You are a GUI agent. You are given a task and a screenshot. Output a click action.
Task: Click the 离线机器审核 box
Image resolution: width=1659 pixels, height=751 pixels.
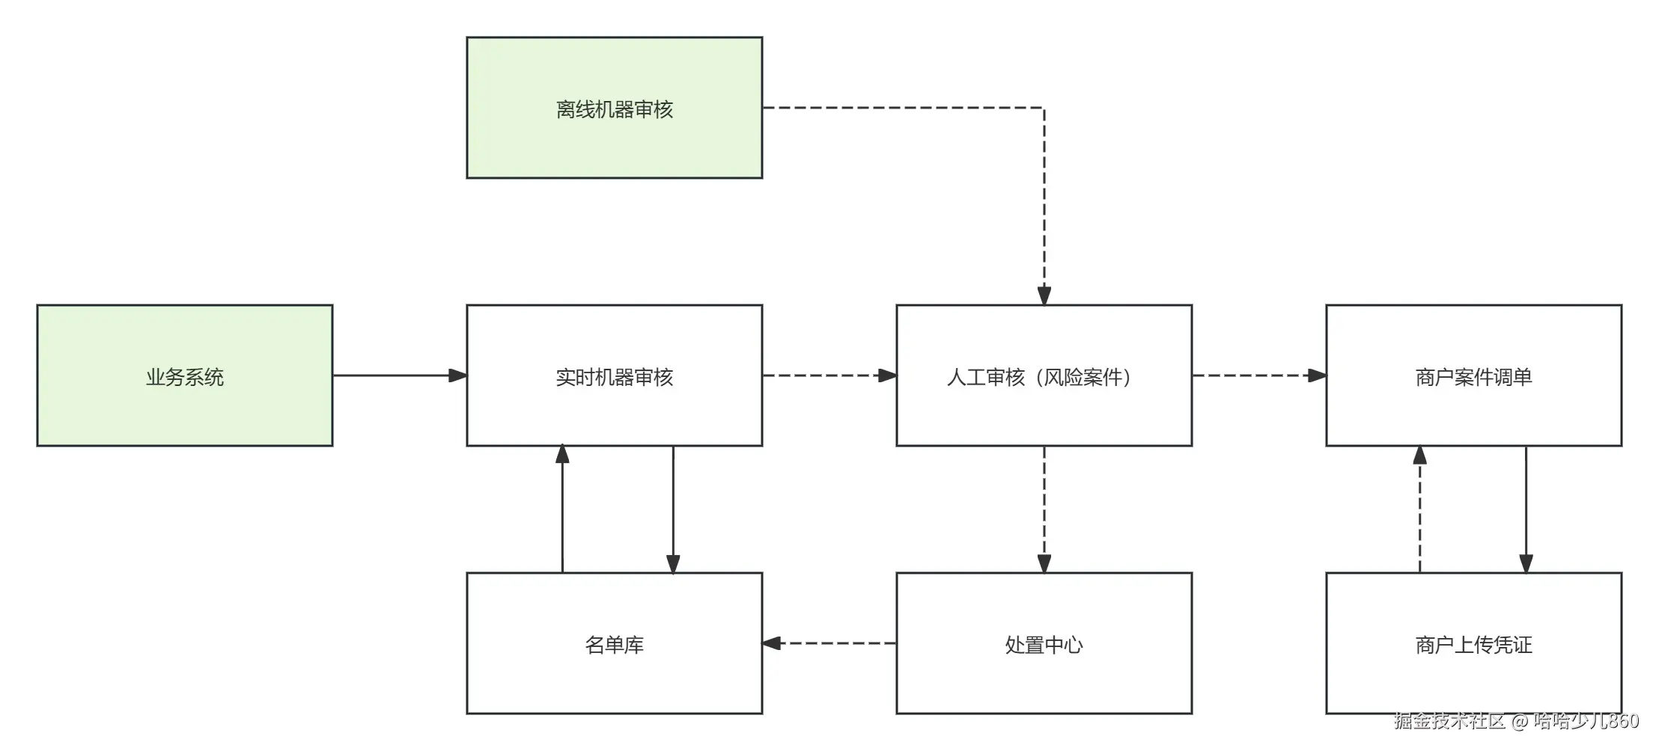[x=614, y=108]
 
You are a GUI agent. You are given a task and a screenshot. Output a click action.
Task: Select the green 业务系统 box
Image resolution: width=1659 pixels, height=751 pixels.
[x=184, y=375]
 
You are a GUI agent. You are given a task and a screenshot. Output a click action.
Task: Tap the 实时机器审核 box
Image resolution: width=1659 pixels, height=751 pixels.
[x=614, y=375]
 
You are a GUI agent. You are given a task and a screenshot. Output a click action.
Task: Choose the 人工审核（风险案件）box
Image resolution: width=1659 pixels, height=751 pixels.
[x=1044, y=375]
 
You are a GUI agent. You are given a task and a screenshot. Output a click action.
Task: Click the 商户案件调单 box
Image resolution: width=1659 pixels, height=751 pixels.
[x=1473, y=375]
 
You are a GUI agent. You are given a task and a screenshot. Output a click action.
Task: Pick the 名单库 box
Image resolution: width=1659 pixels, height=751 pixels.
[x=614, y=643]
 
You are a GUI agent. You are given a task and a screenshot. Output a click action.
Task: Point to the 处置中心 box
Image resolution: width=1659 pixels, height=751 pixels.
[x=1044, y=643]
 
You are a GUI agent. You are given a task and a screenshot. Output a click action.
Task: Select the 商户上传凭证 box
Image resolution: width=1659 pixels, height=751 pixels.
[x=1473, y=643]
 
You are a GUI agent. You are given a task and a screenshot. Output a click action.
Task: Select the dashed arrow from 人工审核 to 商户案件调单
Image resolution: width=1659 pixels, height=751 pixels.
[x=1258, y=375]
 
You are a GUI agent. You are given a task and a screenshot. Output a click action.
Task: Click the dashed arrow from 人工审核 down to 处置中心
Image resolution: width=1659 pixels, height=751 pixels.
[x=1044, y=509]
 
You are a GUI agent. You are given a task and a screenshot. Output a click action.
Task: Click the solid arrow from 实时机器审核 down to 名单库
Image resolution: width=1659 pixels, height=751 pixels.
[x=673, y=509]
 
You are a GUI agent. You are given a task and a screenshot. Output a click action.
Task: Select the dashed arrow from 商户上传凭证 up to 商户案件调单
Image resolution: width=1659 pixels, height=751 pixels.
[x=1420, y=509]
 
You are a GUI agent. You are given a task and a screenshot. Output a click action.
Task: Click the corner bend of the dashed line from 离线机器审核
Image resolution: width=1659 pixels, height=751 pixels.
[x=1044, y=108]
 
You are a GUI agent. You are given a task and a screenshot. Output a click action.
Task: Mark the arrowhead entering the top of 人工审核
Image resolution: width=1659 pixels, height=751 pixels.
[x=1044, y=295]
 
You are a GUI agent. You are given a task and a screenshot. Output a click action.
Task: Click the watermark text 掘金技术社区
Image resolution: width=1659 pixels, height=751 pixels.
[x=1449, y=720]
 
